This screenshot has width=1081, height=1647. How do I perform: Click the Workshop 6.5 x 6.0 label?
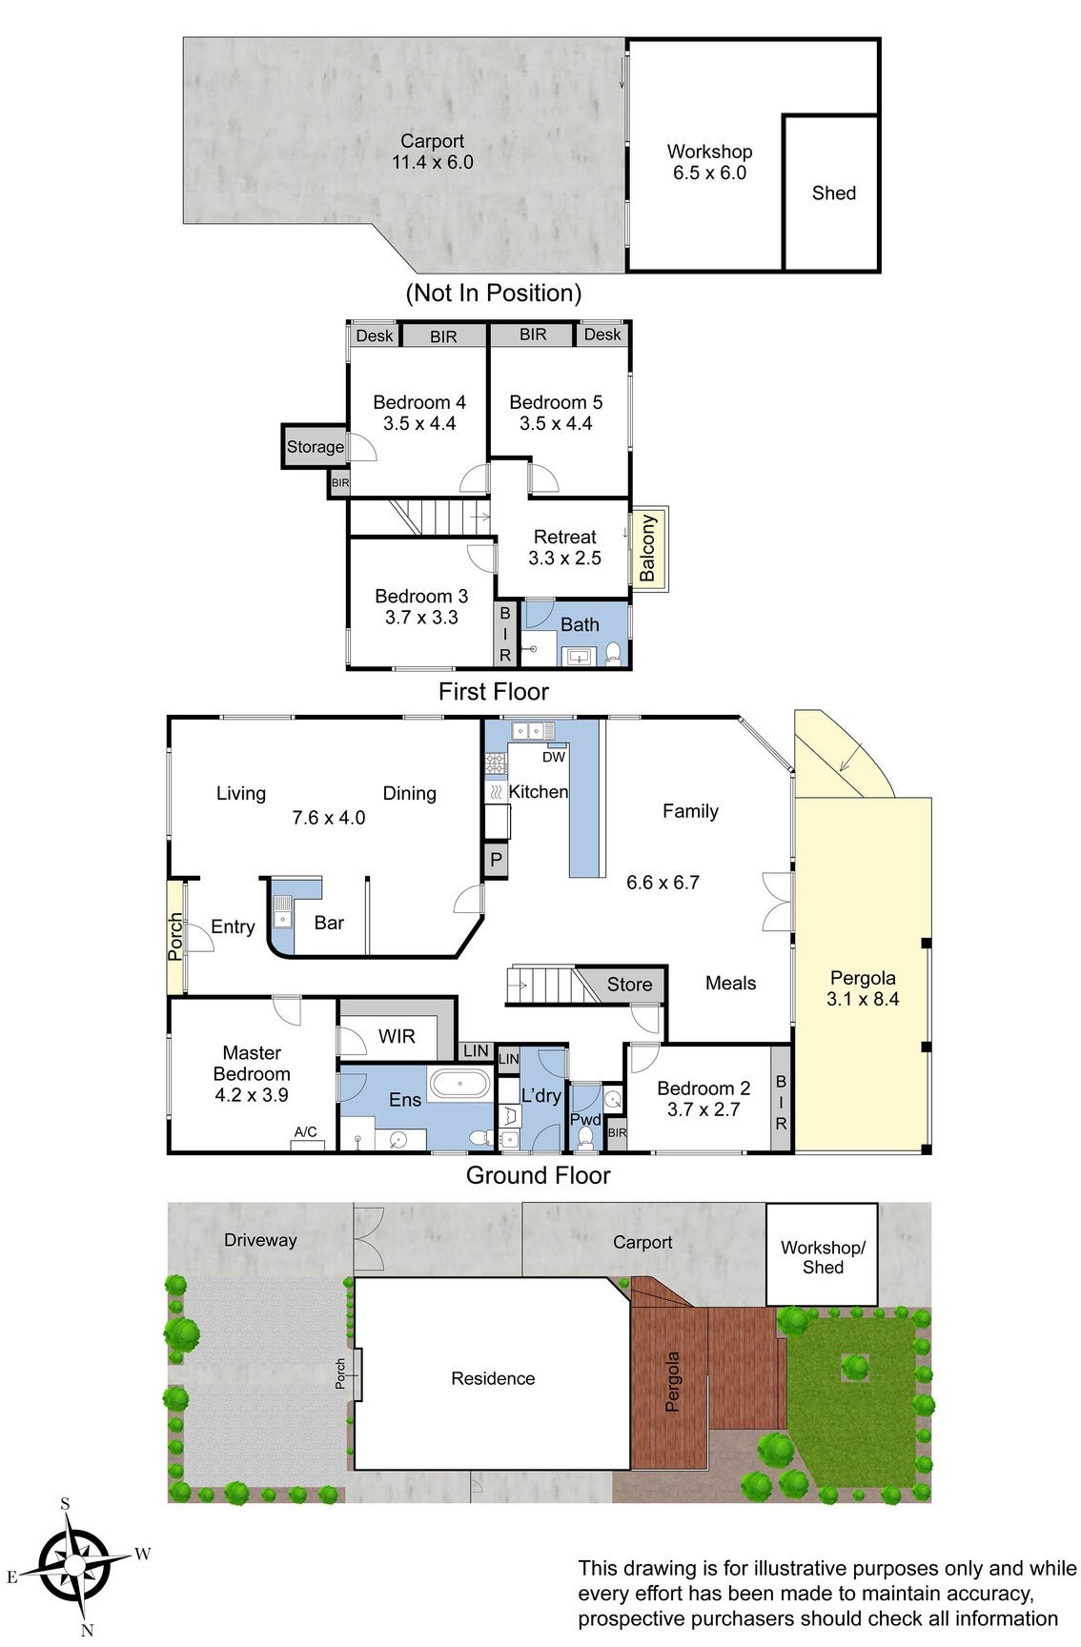[x=709, y=162]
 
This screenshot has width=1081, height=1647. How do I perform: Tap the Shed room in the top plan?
[x=832, y=193]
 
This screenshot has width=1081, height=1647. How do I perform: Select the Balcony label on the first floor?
[x=648, y=548]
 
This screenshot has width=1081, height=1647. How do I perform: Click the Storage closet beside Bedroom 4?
[x=315, y=446]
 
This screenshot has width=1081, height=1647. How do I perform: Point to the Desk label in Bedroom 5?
[x=602, y=335]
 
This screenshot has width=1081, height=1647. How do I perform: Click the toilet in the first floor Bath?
[x=613, y=653]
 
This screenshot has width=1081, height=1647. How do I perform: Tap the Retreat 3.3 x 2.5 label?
[x=564, y=547]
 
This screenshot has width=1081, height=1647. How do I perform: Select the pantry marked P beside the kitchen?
[x=496, y=861]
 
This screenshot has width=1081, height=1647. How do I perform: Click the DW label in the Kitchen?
[x=553, y=757]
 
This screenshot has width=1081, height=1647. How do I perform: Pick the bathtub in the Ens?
[x=459, y=1084]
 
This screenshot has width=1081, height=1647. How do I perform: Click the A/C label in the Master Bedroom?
[x=305, y=1131]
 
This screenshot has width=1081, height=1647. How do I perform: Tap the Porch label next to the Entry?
[x=175, y=936]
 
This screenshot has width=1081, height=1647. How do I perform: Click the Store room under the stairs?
[x=629, y=985]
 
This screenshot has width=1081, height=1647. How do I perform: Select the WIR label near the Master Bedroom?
[x=397, y=1036]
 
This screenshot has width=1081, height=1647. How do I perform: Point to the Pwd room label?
[x=584, y=1119]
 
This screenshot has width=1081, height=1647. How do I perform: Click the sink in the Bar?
[x=282, y=913]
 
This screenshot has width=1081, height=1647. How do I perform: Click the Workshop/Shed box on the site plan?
[x=822, y=1256]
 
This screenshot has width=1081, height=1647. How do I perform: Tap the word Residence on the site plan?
[x=493, y=1378]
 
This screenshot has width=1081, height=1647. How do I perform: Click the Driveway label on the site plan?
[x=260, y=1240]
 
